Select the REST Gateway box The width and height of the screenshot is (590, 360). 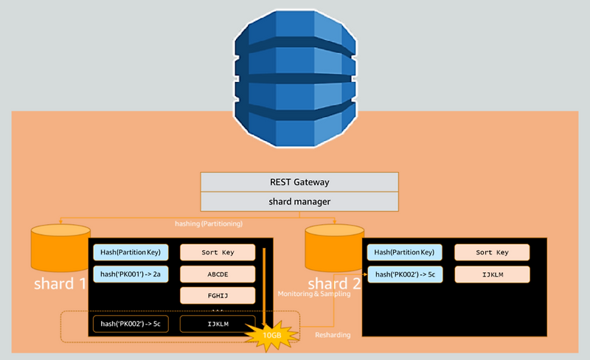(x=299, y=182)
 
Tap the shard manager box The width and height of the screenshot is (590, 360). (x=299, y=201)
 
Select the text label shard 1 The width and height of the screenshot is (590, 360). (x=60, y=283)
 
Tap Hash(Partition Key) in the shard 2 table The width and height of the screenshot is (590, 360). (x=405, y=252)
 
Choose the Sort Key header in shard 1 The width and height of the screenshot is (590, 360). (x=218, y=252)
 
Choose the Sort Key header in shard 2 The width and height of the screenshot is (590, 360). (x=492, y=252)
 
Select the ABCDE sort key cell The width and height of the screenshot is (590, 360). (x=218, y=274)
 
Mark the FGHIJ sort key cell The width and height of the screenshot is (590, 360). (x=218, y=296)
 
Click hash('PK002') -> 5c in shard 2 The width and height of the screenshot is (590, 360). (x=405, y=274)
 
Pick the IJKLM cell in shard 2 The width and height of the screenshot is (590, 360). (x=492, y=274)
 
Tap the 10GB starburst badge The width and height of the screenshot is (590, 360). (x=271, y=336)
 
